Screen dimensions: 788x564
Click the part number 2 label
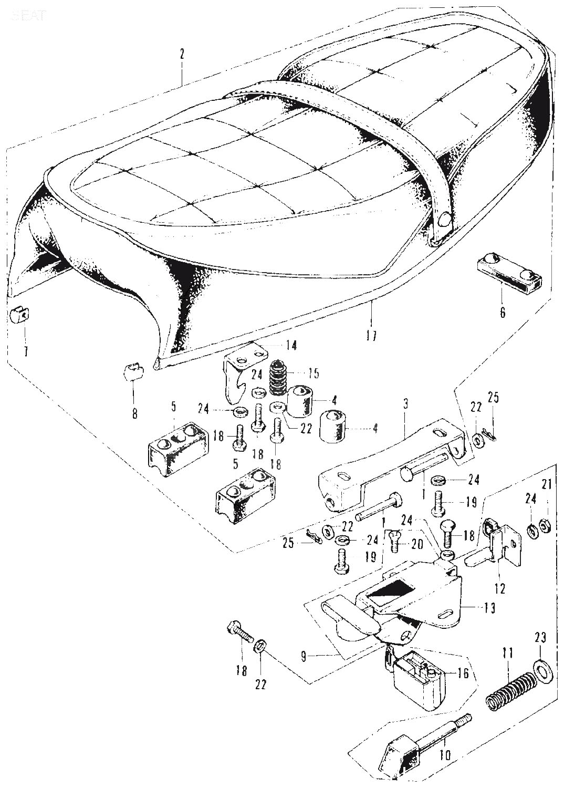point(182,54)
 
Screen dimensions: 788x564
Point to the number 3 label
point(405,405)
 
